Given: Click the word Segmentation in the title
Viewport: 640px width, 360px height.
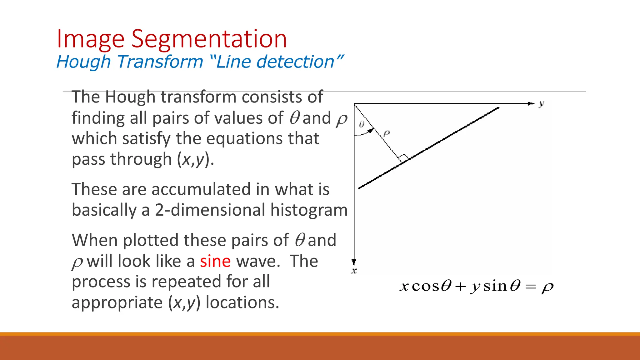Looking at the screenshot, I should pyautogui.click(x=209, y=39).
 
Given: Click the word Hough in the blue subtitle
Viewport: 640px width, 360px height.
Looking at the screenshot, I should pyautogui.click(x=83, y=62).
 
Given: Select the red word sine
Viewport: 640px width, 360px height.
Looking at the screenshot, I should pyautogui.click(x=215, y=261).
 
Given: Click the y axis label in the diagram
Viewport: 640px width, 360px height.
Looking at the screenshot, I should pyautogui.click(x=541, y=104).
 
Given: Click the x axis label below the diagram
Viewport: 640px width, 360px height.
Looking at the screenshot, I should pyautogui.click(x=354, y=271).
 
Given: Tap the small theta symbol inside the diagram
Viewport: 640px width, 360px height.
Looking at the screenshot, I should pyautogui.click(x=362, y=124).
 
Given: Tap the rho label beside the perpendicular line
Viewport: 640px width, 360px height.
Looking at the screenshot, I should pyautogui.click(x=387, y=134).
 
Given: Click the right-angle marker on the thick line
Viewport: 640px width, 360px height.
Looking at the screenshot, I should pyautogui.click(x=404, y=158).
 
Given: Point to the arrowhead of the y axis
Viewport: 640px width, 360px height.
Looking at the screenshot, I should pyautogui.click(x=531, y=103).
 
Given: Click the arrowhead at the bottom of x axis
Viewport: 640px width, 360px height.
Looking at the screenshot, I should pyautogui.click(x=354, y=262).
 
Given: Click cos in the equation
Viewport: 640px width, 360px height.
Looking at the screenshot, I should pyautogui.click(x=426, y=286).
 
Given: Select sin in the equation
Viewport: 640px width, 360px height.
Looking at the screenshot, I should pyautogui.click(x=495, y=286).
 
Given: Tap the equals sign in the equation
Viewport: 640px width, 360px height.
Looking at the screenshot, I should pyautogui.click(x=531, y=287).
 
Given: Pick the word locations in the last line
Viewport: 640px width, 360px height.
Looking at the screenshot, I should pyautogui.click(x=242, y=302).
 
